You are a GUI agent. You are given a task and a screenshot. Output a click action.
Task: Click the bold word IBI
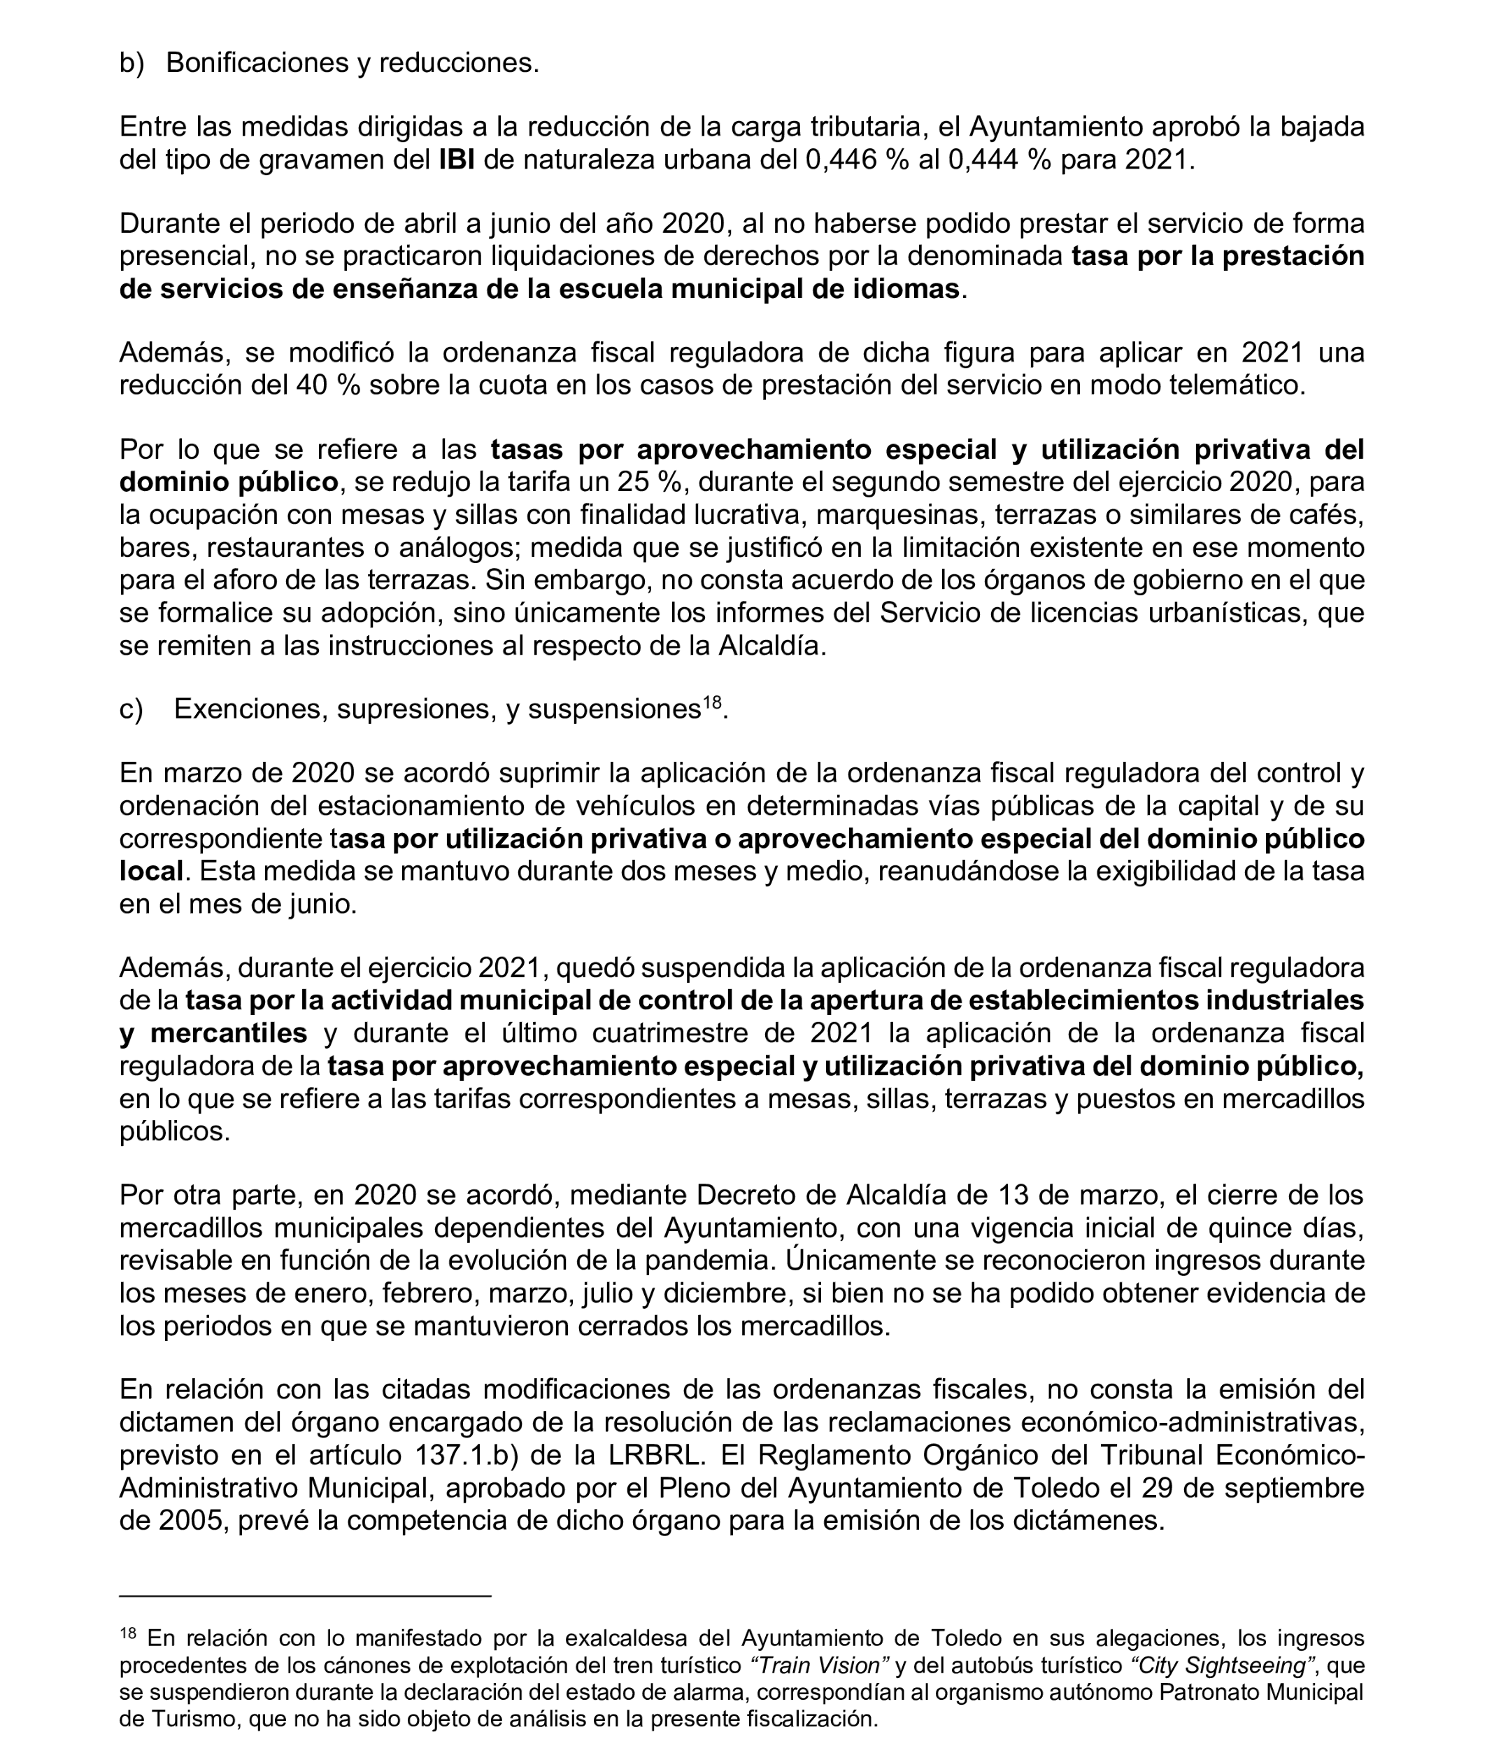pyautogui.click(x=456, y=160)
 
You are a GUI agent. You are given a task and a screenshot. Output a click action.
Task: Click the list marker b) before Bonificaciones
pyautogui.click(x=131, y=63)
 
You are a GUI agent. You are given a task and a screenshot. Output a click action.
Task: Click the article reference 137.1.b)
pyautogui.click(x=475, y=1456)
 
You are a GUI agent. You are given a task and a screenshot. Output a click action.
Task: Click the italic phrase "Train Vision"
pyautogui.click(x=819, y=1666)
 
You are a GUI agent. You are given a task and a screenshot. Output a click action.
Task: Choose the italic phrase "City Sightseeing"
pyautogui.click(x=1219, y=1666)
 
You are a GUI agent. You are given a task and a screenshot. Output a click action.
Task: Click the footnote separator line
pyautogui.click(x=304, y=1595)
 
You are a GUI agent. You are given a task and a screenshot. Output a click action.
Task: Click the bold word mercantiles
pyautogui.click(x=229, y=1032)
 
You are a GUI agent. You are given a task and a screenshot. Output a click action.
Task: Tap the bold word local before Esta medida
pyautogui.click(x=151, y=872)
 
